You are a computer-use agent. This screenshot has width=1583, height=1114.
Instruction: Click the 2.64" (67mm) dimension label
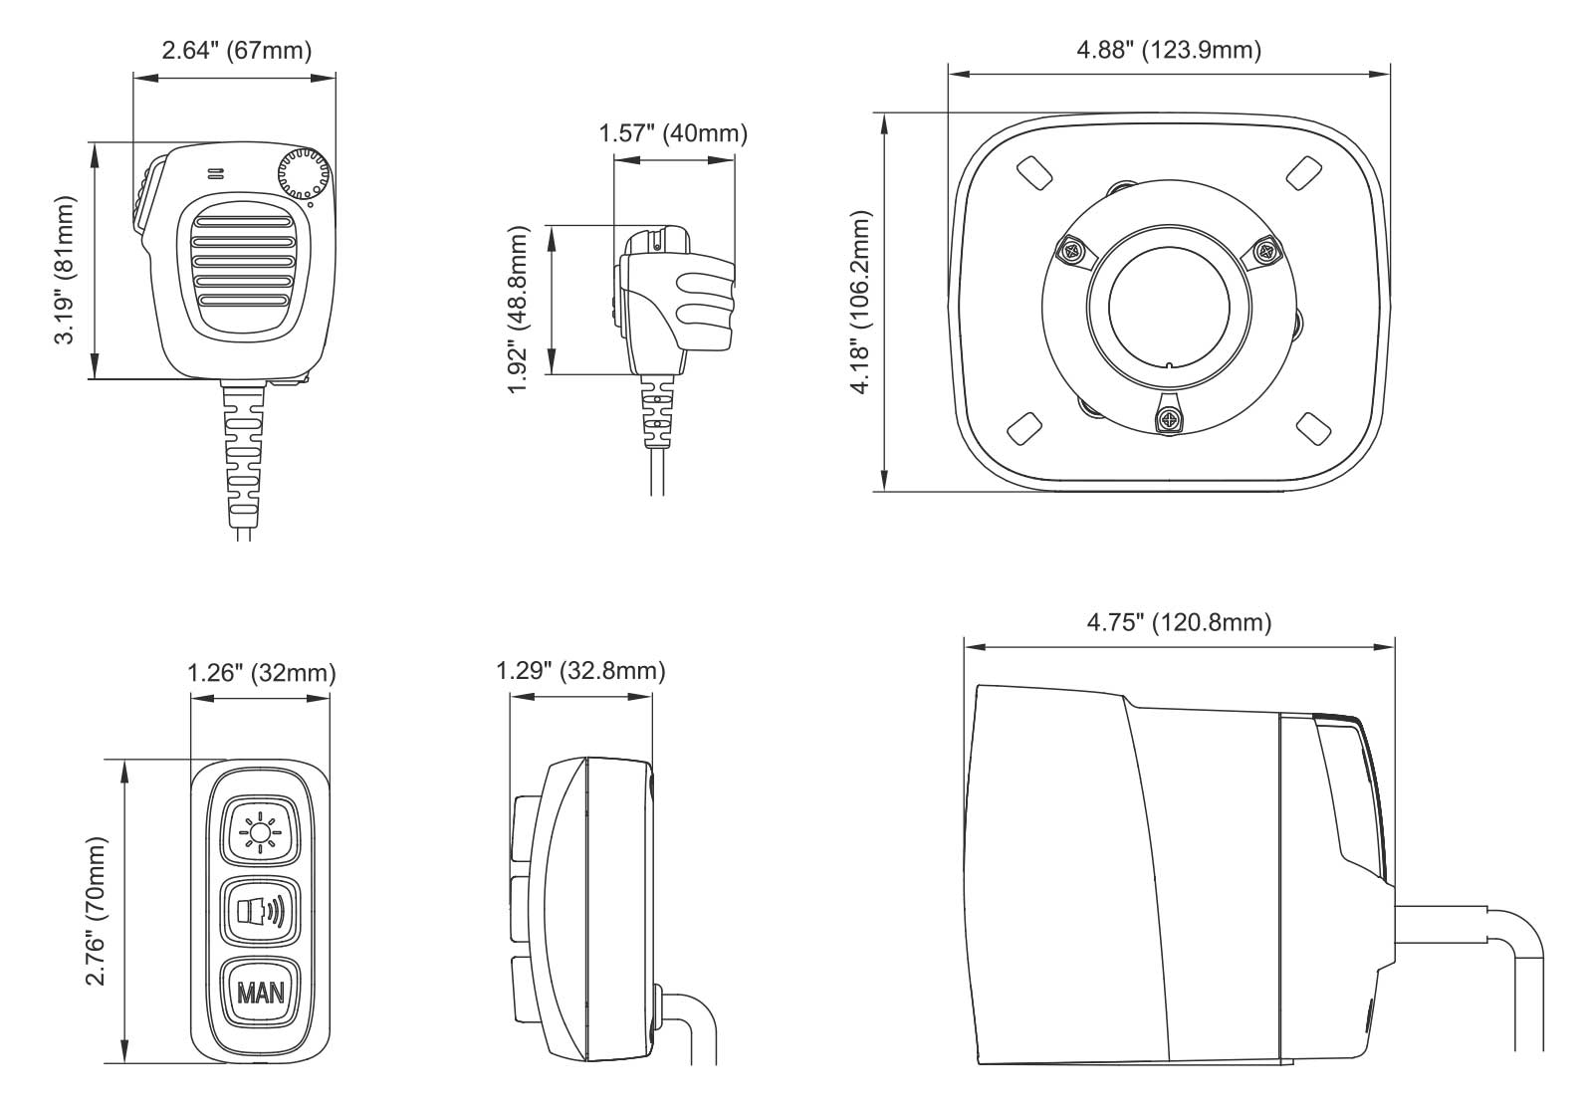point(236,50)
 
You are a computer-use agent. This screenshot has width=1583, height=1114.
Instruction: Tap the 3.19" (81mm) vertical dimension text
point(66,269)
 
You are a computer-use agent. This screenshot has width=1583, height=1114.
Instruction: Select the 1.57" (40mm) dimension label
point(672,132)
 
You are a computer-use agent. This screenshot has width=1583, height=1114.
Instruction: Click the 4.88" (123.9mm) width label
point(1169,50)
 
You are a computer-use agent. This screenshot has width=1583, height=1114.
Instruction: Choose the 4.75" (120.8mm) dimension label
point(1179,623)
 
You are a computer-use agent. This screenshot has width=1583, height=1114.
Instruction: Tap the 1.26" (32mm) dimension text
point(262,673)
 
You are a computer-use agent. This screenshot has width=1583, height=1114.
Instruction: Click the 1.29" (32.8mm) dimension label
point(580,671)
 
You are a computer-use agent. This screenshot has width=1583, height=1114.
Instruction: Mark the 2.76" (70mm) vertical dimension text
point(97,911)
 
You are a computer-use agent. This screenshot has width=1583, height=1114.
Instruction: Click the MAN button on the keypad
point(260,992)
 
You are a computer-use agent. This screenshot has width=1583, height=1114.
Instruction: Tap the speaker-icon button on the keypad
point(260,911)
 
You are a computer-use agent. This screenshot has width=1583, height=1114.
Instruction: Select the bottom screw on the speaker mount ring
point(1167,415)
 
